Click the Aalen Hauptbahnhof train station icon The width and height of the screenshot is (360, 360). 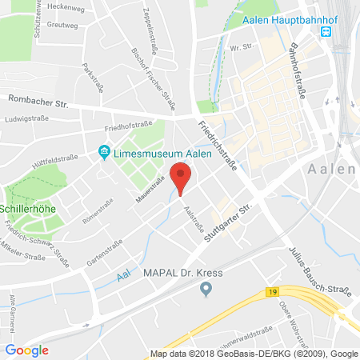point(326,32)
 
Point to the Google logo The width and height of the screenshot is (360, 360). point(27,350)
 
